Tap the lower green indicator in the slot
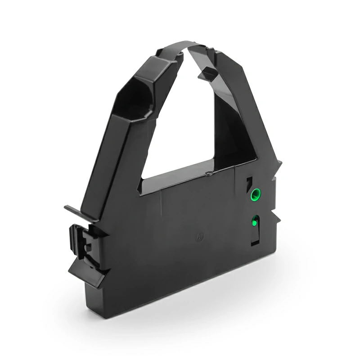tap(255, 220)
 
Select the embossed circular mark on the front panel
tap(198, 236)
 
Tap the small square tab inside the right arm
tap(208, 72)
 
